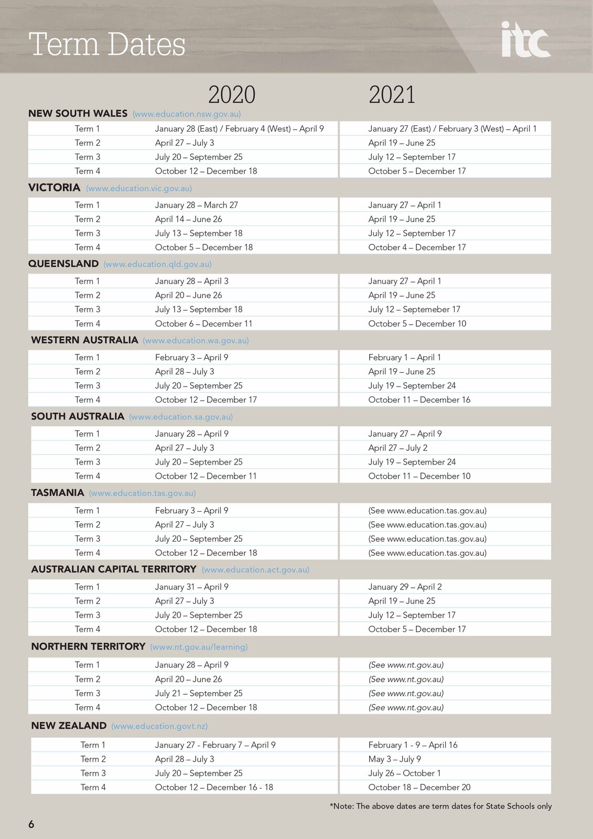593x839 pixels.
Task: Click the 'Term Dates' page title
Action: pyautogui.click(x=107, y=44)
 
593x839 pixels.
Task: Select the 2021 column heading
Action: pyautogui.click(x=392, y=95)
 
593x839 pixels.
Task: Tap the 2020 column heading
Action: pyautogui.click(x=232, y=95)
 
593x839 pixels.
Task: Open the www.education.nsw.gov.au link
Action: pyautogui.click(x=187, y=114)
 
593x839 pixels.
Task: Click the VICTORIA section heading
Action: pyautogui.click(x=55, y=188)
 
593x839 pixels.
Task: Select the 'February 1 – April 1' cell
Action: pyautogui.click(x=404, y=357)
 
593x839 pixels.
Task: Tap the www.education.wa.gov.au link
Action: pyautogui.click(x=196, y=340)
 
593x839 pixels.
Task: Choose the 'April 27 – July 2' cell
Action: pyautogui.click(x=397, y=448)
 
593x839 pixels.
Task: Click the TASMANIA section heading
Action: pyautogui.click(x=58, y=493)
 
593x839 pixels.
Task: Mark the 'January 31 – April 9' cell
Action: pyautogui.click(x=191, y=587)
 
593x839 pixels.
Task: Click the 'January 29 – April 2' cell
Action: pyautogui.click(x=405, y=587)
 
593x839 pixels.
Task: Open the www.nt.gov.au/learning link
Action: pyautogui.click(x=199, y=647)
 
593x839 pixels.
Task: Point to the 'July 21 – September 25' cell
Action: pyautogui.click(x=199, y=693)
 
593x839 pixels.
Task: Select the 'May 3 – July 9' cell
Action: pyautogui.click(x=394, y=759)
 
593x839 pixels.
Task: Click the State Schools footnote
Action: pyautogui.click(x=440, y=806)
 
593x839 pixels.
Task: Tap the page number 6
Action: pyautogui.click(x=31, y=824)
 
